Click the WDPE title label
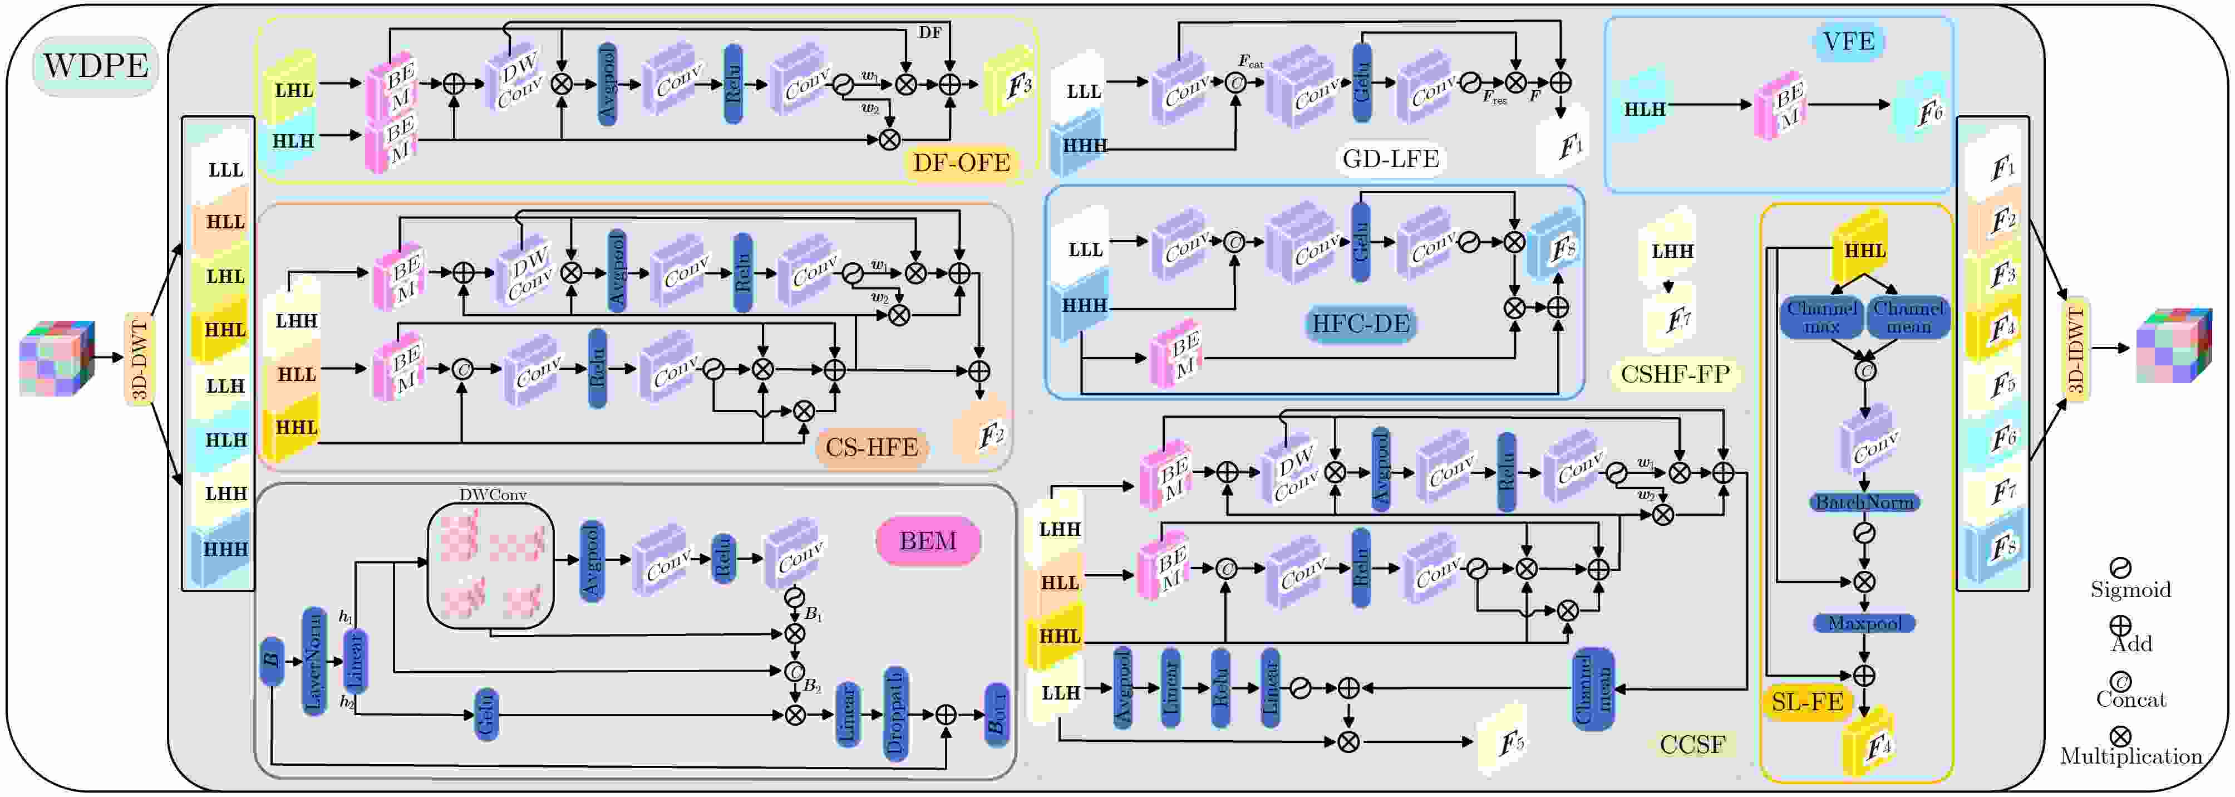point(95,66)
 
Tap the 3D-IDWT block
point(2075,349)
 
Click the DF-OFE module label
point(961,163)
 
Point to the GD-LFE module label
point(1390,159)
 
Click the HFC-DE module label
point(1361,324)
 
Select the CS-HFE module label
point(871,448)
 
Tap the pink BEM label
point(928,541)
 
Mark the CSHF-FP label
point(1675,374)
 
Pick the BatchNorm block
point(1864,502)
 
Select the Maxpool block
point(1864,623)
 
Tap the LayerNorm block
point(314,662)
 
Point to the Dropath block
point(895,713)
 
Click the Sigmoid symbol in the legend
point(2120,569)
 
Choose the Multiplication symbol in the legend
point(2120,737)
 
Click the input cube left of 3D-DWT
point(56,358)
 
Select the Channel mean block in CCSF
point(1592,690)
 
